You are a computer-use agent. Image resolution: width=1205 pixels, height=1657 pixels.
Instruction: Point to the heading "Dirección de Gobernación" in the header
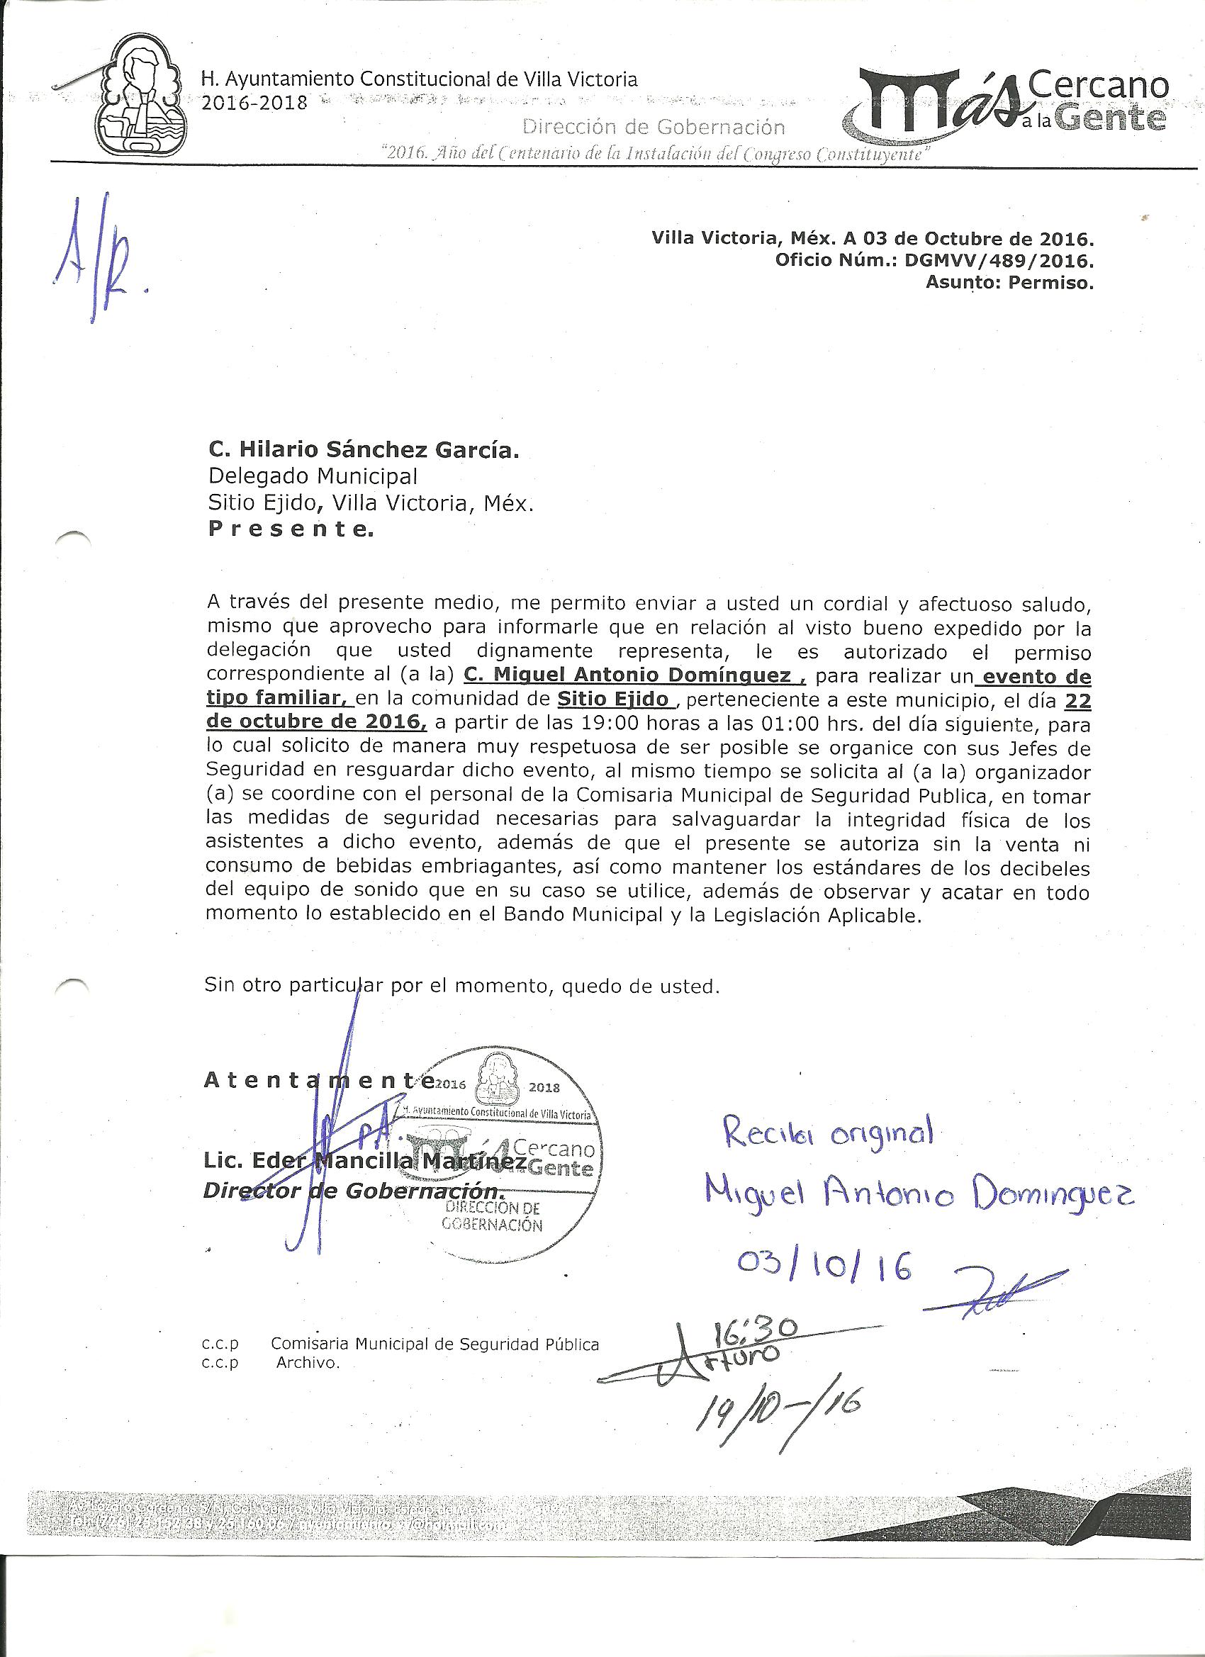[654, 127]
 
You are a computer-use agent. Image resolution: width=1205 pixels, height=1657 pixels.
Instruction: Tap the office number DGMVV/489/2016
[998, 262]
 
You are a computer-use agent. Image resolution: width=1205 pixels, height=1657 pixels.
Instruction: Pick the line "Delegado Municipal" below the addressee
[313, 476]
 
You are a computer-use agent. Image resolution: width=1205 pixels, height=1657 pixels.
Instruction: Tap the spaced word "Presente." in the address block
[290, 531]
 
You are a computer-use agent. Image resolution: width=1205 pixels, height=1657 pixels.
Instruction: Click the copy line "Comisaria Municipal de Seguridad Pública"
[434, 1344]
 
